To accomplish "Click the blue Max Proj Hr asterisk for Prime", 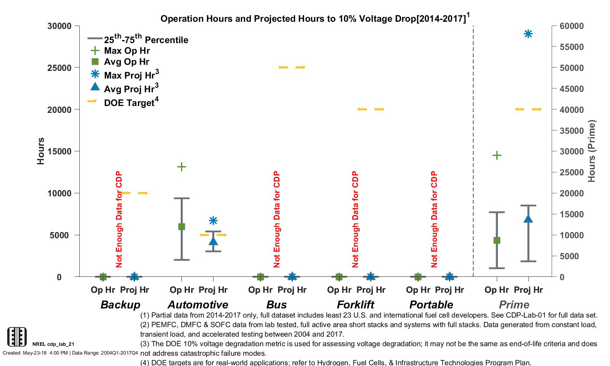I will coord(528,34).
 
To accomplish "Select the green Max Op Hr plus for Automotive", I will coord(181,167).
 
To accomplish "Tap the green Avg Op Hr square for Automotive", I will coord(181,226).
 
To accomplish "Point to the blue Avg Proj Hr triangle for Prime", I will coord(528,219).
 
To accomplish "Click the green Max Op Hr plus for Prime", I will coord(496,155).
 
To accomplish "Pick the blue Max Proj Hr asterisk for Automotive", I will coord(213,220).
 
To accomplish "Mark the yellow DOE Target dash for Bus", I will coord(292,67).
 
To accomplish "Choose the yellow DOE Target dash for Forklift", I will coord(371,109).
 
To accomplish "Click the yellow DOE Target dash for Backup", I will coord(134,193).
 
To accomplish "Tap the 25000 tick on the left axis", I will coord(59,68).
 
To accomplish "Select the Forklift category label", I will coord(355,305).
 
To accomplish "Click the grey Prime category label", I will coord(514,305).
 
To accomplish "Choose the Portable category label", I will coord(431,305).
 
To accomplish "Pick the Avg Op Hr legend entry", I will coord(126,62).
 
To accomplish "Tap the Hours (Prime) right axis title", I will coord(591,151).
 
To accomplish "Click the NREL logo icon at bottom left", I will coord(17,337).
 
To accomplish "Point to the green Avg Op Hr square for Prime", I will coord(496,240).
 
